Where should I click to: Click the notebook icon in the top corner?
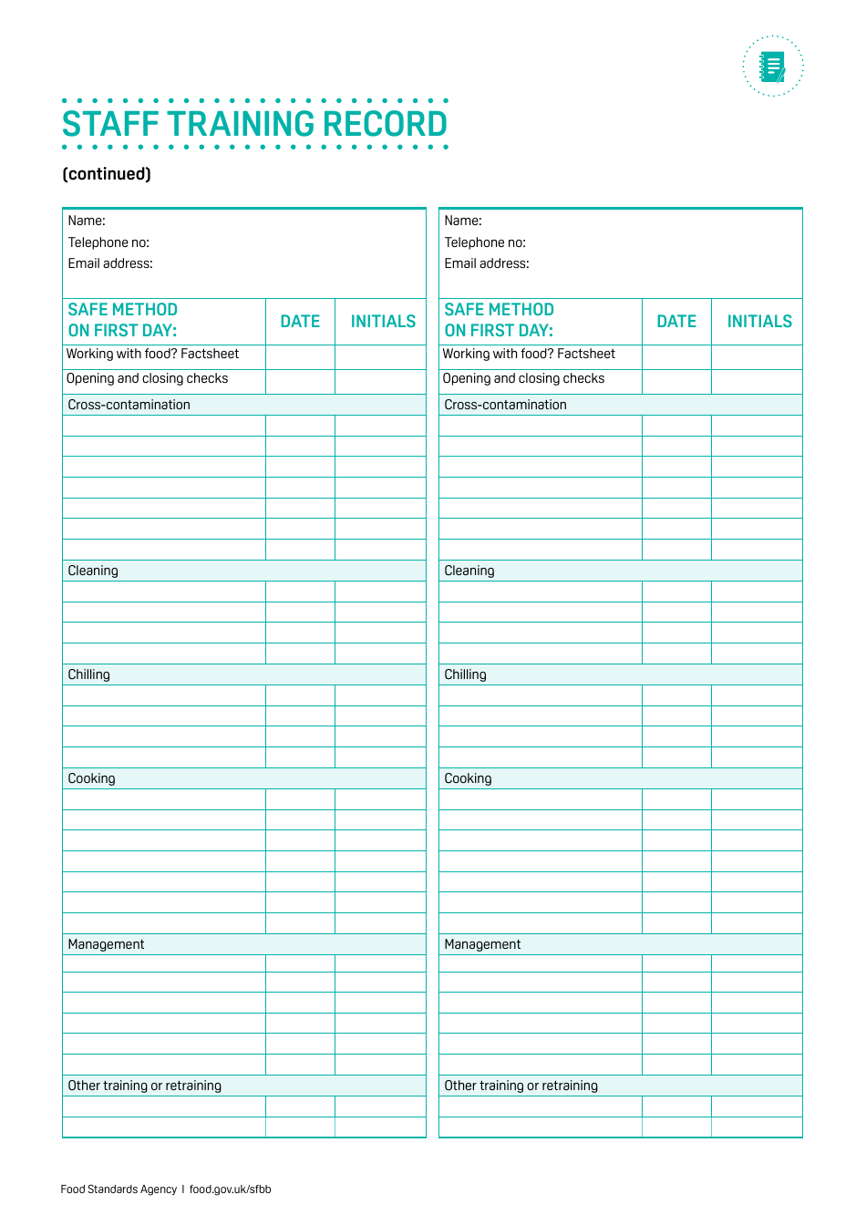(x=773, y=67)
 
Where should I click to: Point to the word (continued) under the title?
(x=107, y=174)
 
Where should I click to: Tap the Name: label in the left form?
(x=87, y=221)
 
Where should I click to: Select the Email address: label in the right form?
(x=487, y=263)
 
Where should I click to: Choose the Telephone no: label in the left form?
(x=108, y=242)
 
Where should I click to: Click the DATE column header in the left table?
(x=300, y=322)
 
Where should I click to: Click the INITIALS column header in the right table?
(x=759, y=322)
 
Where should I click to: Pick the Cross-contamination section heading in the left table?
(x=129, y=405)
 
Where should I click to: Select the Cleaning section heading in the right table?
(x=469, y=571)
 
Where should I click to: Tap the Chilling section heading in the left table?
(x=89, y=674)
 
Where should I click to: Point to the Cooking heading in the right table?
(x=468, y=778)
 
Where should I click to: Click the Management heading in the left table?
(x=107, y=944)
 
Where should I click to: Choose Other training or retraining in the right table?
(x=521, y=1086)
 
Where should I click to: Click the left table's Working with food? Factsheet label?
(x=153, y=354)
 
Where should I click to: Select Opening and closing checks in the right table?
(x=524, y=378)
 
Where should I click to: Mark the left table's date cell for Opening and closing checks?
(x=300, y=381)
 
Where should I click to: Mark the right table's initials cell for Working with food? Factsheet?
(x=757, y=356)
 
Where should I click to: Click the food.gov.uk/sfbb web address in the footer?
(x=231, y=1189)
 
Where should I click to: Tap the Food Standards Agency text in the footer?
(x=119, y=1189)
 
